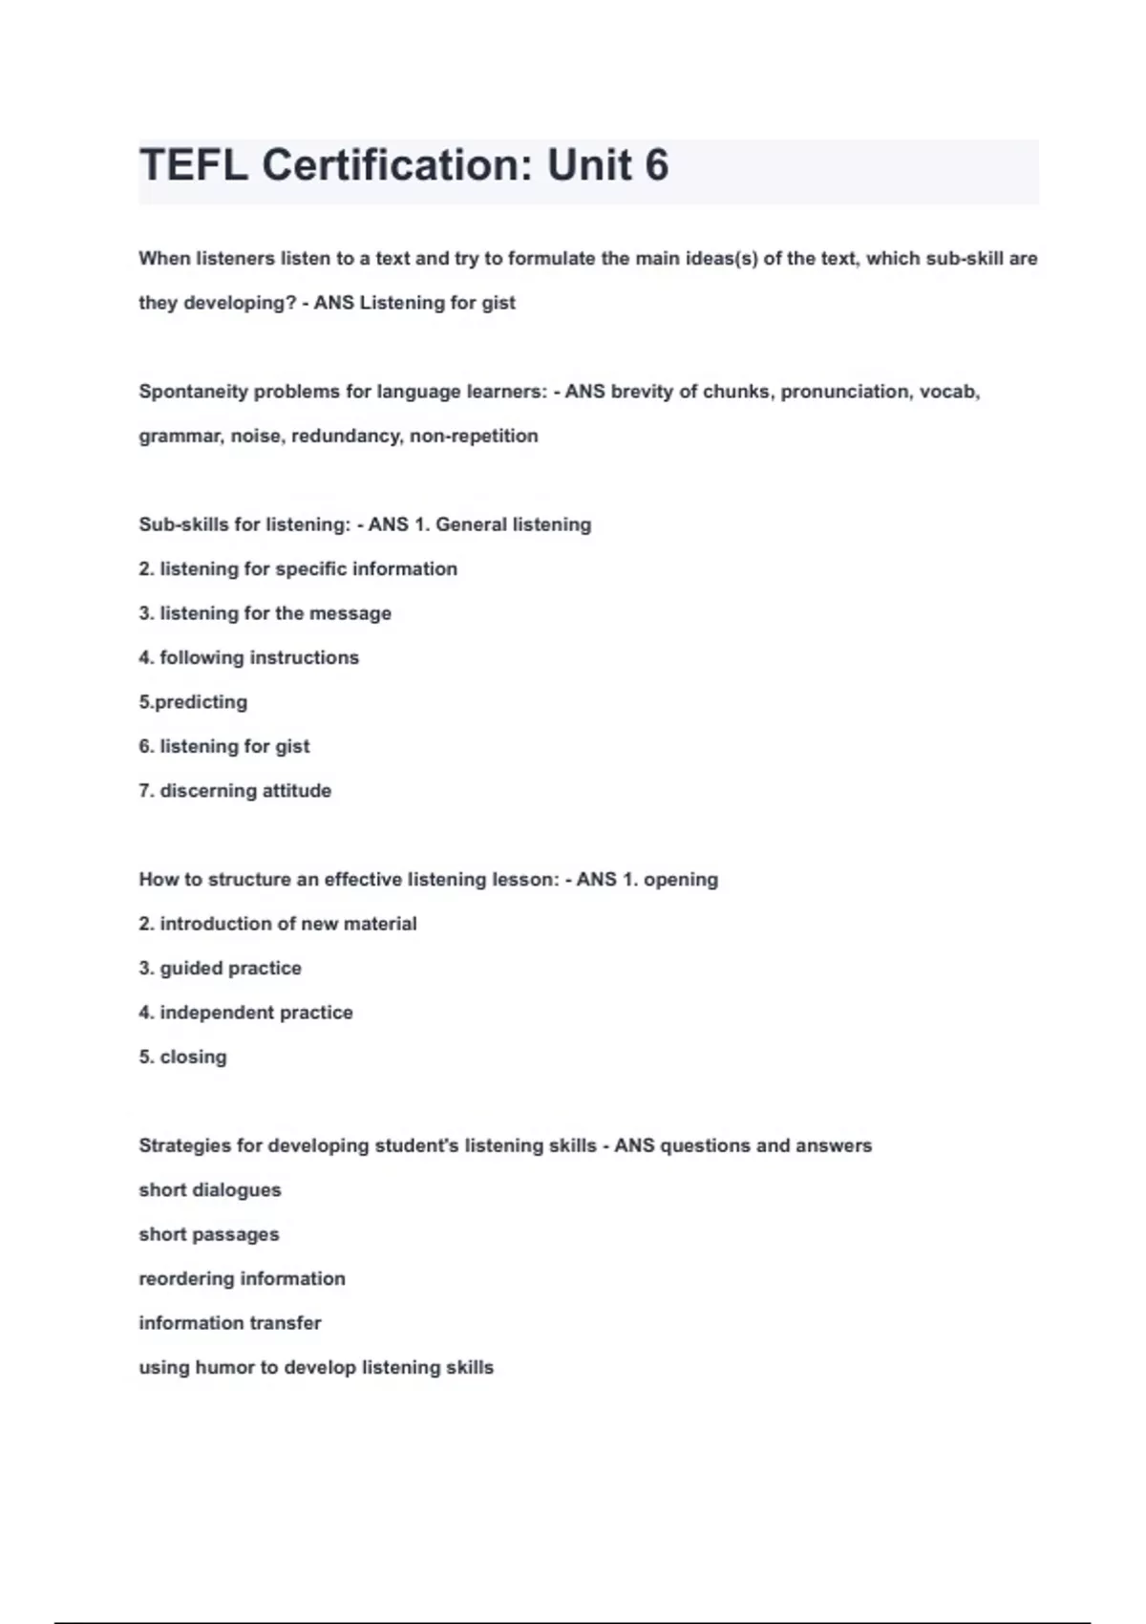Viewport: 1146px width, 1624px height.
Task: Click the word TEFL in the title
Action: pos(194,165)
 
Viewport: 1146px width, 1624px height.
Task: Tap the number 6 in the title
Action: pos(656,165)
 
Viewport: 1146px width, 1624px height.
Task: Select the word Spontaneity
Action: pos(192,392)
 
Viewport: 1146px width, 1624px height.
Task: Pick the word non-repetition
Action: pos(474,436)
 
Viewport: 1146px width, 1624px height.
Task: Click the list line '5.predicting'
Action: pos(193,702)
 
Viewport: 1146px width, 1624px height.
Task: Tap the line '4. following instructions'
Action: pos(248,657)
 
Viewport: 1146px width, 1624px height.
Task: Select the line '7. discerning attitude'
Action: pos(235,791)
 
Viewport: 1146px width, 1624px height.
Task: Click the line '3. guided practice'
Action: pos(220,968)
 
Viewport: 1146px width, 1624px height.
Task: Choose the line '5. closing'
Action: pos(182,1057)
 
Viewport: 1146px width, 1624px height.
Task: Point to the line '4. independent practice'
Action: pos(245,1013)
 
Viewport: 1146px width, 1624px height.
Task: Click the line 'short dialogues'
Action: pos(210,1190)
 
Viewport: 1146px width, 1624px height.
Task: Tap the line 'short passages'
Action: pos(209,1234)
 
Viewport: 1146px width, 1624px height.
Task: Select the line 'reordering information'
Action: pos(242,1278)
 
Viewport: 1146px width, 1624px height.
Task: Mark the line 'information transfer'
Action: pos(229,1323)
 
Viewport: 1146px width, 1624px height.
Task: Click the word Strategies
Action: pos(184,1145)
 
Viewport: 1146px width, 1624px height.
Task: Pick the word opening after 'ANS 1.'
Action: pos(680,880)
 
